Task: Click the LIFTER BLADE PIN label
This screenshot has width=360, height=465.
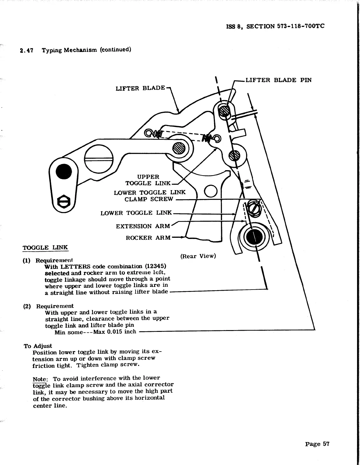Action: click(278, 80)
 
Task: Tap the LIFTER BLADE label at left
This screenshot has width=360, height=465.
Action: click(140, 88)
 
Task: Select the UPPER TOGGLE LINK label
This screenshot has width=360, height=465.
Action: click(148, 180)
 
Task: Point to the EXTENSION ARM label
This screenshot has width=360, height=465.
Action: click(143, 226)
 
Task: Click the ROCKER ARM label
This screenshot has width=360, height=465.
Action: click(148, 238)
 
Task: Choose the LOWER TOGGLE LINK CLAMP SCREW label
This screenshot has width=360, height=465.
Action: click(149, 196)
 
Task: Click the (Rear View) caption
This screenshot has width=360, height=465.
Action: click(198, 256)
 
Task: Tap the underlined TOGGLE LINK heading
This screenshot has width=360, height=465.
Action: click(45, 247)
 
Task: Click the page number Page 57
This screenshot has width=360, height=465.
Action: click(317, 444)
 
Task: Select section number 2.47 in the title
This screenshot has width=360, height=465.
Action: click(26, 51)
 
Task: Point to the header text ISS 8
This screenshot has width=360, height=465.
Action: click(234, 26)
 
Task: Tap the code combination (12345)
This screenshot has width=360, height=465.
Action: click(155, 266)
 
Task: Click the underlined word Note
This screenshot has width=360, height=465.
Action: click(39, 379)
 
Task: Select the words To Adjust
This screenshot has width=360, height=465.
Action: click(38, 346)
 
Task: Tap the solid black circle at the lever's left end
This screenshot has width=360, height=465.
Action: click(64, 171)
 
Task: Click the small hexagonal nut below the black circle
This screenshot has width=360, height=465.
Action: click(63, 202)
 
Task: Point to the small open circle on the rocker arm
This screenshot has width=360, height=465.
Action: click(210, 192)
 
